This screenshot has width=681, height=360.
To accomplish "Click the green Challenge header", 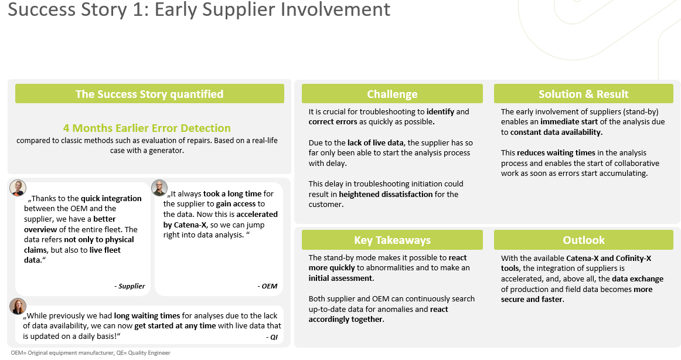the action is [x=392, y=94].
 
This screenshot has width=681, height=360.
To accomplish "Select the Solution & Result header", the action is [x=583, y=94].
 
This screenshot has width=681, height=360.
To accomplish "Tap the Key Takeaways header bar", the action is [x=392, y=240].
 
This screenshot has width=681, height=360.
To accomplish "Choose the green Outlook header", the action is [x=583, y=240].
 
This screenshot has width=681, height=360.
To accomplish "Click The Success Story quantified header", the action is [x=149, y=94].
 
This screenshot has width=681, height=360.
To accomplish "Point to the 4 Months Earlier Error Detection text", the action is [x=147, y=128].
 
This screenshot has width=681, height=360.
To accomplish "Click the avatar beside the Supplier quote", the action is [x=18, y=188].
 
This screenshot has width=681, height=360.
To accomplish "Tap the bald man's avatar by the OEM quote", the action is [x=159, y=188].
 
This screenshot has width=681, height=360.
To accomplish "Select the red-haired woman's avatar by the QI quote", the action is [x=18, y=306].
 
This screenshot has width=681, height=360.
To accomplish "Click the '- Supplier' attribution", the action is [x=130, y=286].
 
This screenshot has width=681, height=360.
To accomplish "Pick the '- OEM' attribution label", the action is [x=267, y=286].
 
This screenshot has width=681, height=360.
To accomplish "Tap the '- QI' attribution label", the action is [x=271, y=337].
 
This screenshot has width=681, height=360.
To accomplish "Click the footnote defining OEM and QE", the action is [x=90, y=352].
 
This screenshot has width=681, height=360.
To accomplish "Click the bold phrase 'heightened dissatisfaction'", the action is [x=386, y=194].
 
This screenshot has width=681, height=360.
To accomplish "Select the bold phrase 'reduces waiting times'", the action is [x=556, y=152].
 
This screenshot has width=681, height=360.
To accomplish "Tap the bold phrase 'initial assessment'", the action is [x=340, y=278].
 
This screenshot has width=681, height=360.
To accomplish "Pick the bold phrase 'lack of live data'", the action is [x=375, y=142].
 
